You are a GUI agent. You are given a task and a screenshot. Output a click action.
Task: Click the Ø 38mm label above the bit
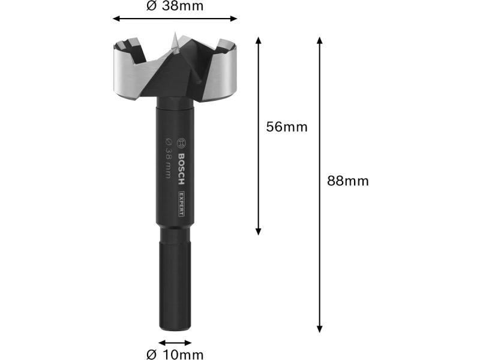tap(175, 6)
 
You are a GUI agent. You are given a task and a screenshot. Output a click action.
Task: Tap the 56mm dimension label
tap(287, 127)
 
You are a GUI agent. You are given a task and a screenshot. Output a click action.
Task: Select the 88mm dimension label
tap(348, 181)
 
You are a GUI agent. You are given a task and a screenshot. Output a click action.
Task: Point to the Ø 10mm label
tap(175, 355)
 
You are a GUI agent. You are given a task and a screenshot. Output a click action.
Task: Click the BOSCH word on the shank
tap(181, 169)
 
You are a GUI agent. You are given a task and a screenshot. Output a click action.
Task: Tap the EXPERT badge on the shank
tap(181, 203)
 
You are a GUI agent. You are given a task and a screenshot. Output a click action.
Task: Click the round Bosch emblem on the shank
tap(182, 143)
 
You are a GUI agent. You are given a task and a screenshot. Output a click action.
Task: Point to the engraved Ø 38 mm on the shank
tap(168, 158)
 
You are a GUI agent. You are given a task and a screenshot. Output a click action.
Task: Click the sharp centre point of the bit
tap(175, 33)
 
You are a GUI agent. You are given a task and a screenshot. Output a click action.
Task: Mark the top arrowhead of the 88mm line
tap(320, 40)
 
